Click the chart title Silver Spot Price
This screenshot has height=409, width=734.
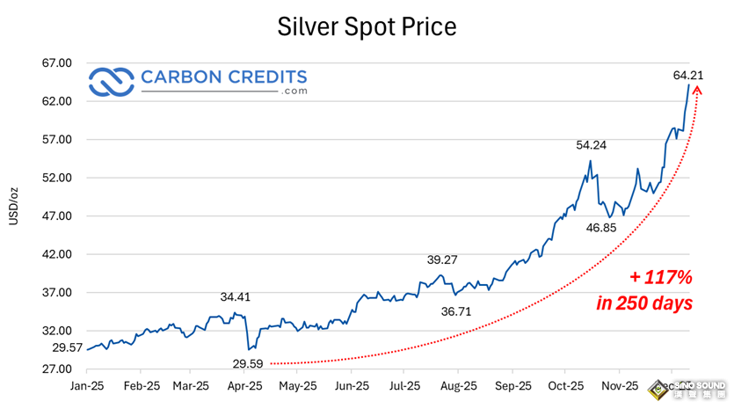click(x=367, y=26)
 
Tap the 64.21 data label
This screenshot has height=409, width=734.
click(x=688, y=76)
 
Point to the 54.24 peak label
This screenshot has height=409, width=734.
click(x=592, y=145)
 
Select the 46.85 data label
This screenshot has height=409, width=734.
click(x=601, y=228)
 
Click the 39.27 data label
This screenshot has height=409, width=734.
click(x=442, y=260)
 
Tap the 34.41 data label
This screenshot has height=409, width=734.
click(x=236, y=297)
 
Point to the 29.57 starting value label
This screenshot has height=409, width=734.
click(x=68, y=348)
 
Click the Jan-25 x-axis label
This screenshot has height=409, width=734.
click(x=86, y=386)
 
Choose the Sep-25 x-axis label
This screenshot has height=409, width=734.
click(x=513, y=386)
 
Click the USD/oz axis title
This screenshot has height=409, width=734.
click(x=15, y=206)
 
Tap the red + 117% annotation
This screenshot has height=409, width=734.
click(x=662, y=278)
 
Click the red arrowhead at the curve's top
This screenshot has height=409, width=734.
click(x=698, y=91)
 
